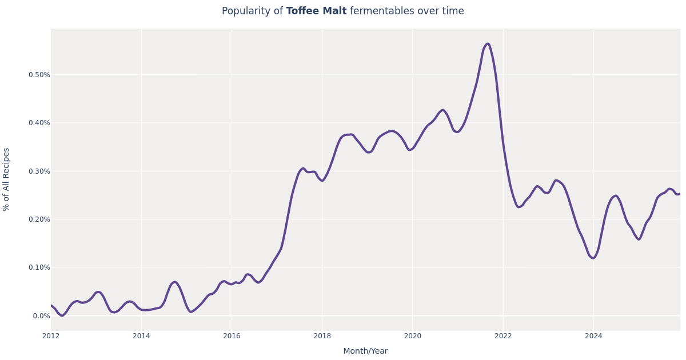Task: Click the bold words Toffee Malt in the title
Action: [x=316, y=11]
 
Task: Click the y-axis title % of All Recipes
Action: [x=7, y=179]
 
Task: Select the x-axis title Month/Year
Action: [x=365, y=351]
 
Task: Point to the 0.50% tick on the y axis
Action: [x=39, y=75]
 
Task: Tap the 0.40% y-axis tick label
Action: [x=39, y=123]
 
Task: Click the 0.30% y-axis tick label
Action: [x=39, y=171]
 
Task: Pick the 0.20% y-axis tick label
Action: [x=39, y=219]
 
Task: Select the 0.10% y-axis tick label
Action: [x=39, y=267]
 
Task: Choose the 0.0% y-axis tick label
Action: [x=41, y=316]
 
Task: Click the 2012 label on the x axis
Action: [x=51, y=336]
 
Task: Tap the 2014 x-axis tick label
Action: [x=141, y=336]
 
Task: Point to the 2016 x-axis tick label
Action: [x=232, y=336]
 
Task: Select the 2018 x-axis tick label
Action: [x=322, y=336]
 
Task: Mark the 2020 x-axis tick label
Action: [x=412, y=336]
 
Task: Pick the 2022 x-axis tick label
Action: [x=503, y=336]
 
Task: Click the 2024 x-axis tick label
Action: [x=593, y=336]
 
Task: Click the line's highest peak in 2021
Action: [x=488, y=44]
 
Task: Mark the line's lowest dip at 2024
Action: [x=593, y=258]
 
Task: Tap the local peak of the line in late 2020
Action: [x=442, y=110]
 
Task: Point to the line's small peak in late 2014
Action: [x=175, y=282]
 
